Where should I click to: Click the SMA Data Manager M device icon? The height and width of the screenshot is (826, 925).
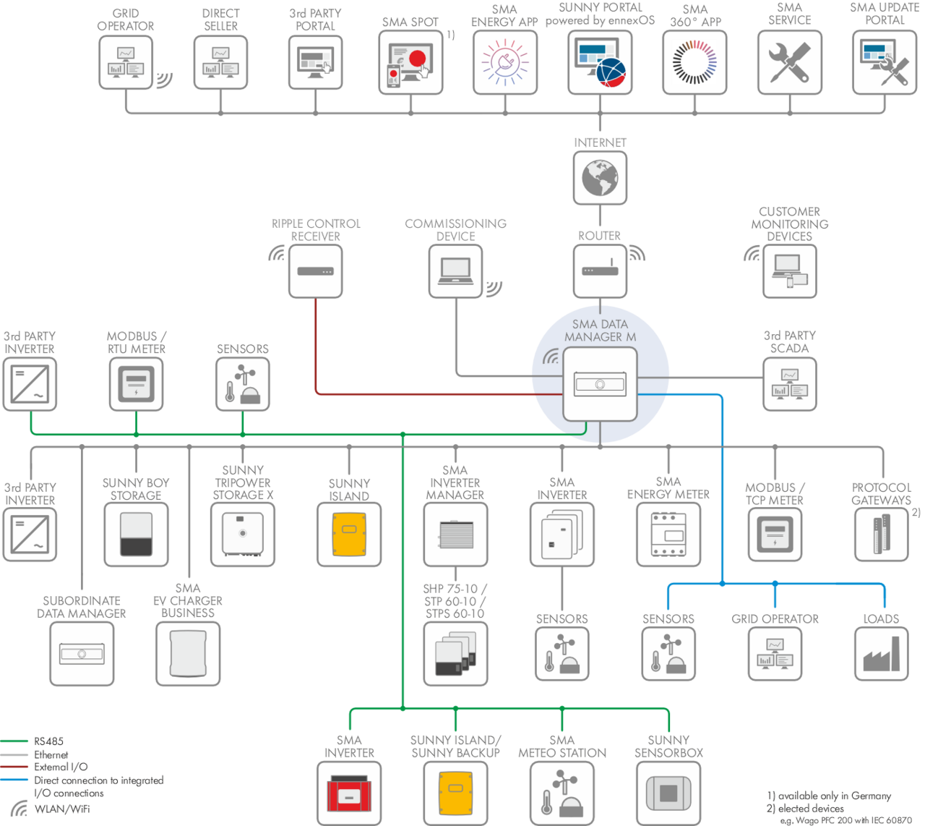[600, 383]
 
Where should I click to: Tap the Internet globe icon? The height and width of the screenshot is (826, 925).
[600, 177]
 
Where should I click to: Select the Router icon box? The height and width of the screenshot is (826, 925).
[600, 271]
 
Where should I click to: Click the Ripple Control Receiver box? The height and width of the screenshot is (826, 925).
[315, 271]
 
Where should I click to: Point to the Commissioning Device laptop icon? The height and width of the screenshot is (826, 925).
[455, 271]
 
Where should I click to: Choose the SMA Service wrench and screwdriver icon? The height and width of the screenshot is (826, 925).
[789, 62]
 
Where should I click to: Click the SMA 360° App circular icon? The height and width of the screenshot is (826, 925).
[694, 62]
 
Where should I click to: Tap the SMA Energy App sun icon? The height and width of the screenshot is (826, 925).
[504, 62]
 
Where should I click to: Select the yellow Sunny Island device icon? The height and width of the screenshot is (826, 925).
[349, 534]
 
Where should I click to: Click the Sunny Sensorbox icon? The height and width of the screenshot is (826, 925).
[668, 793]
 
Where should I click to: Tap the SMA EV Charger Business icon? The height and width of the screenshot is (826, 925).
[188, 654]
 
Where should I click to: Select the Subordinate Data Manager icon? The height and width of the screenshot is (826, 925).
[82, 654]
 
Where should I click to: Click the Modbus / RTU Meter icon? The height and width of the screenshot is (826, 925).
[136, 384]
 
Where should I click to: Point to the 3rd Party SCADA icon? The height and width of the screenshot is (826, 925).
[789, 383]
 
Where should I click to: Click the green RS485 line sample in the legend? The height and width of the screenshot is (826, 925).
[14, 741]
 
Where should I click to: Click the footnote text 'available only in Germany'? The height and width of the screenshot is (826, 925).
[834, 796]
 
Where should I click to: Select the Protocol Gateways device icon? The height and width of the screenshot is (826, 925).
[881, 534]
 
